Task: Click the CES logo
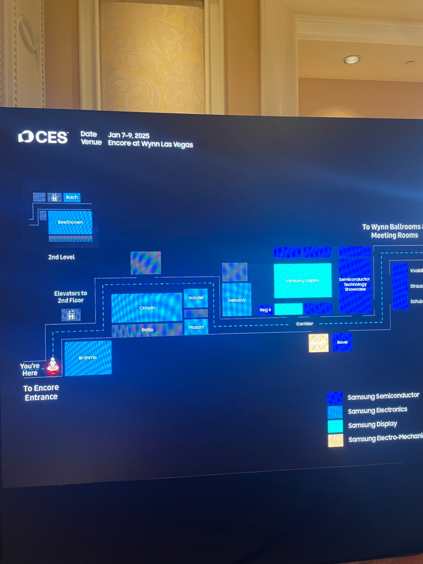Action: pyautogui.click(x=43, y=137)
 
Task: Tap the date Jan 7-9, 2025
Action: pyautogui.click(x=128, y=135)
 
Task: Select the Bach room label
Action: pyautogui.click(x=72, y=197)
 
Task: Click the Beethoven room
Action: pyautogui.click(x=70, y=222)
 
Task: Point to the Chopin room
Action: pyautogui.click(x=147, y=308)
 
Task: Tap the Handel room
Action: pyautogui.click(x=196, y=298)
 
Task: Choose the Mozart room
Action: pyautogui.click(x=196, y=327)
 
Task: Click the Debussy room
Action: pyautogui.click(x=237, y=300)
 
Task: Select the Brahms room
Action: pyautogui.click(x=88, y=358)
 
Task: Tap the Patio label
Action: pyautogui.click(x=147, y=330)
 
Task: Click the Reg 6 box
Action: pyautogui.click(x=265, y=310)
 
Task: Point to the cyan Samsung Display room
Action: pyautogui.click(x=302, y=281)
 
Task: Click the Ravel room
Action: pyautogui.click(x=342, y=343)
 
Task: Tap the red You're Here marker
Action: pyautogui.click(x=52, y=366)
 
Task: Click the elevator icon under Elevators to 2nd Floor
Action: pyautogui.click(x=71, y=315)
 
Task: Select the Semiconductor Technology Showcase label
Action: pyautogui.click(x=354, y=284)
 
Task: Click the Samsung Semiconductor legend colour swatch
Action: pyautogui.click(x=335, y=398)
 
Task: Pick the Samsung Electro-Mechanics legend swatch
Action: pyautogui.click(x=335, y=440)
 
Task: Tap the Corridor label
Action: pyautogui.click(x=304, y=324)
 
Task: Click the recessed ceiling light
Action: pyautogui.click(x=352, y=59)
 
